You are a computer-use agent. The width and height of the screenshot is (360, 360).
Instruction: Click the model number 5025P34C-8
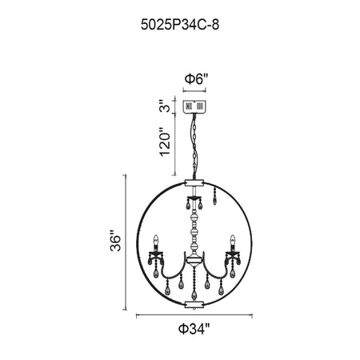pos(180,25)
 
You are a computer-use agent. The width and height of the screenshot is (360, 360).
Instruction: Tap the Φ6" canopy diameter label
pos(196,79)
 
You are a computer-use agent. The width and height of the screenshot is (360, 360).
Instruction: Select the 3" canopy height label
pos(166,106)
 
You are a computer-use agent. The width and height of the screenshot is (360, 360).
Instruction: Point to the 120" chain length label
pos(165,142)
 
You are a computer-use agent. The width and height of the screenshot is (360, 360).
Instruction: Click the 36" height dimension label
pos(115,240)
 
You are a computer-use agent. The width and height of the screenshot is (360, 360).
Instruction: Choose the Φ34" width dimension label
pos(194,329)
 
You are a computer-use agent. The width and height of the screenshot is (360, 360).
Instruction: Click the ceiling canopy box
pos(194,106)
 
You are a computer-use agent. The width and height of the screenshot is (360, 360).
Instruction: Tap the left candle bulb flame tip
pos(156,236)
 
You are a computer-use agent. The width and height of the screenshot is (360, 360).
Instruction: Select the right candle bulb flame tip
pos(233,236)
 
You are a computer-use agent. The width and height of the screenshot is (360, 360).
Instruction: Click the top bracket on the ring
pos(194,182)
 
